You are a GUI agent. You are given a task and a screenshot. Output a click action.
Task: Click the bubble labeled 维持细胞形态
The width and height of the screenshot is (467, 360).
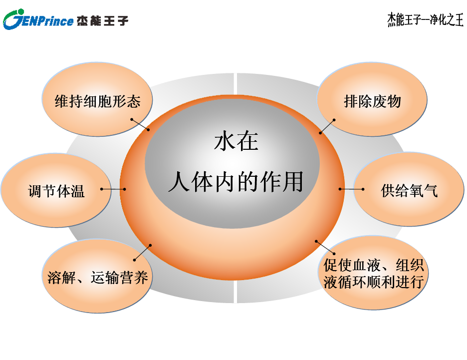tap(97, 99)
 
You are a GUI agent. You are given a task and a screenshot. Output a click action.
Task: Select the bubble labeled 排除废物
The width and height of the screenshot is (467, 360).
tap(372, 99)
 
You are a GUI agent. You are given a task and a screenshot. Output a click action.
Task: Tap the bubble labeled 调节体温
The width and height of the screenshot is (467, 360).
tap(56, 190)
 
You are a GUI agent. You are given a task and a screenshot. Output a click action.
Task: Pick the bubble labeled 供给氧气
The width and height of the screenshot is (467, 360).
tap(409, 189)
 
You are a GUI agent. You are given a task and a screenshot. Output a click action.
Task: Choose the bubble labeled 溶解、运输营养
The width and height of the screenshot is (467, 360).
tap(97, 276)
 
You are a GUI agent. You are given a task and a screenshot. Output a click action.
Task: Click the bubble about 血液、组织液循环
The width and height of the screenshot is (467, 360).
tap(373, 273)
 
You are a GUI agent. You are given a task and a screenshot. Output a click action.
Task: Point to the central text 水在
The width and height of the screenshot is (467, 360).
tap(236, 141)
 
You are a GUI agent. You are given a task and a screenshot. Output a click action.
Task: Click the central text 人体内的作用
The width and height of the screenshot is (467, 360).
tap(236, 181)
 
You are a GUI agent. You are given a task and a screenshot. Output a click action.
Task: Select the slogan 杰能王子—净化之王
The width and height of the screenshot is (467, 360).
tap(425, 19)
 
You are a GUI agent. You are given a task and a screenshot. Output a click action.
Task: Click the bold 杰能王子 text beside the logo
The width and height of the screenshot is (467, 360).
tap(102, 20)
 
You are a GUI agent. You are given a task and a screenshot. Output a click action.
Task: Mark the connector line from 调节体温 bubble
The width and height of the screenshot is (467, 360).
tap(113, 189)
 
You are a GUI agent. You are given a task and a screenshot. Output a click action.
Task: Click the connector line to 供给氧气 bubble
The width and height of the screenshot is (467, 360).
tap(351, 189)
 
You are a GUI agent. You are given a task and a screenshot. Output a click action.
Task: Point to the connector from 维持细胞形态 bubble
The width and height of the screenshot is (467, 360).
tap(140, 124)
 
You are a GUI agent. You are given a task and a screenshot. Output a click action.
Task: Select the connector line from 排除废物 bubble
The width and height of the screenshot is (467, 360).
tap(327, 126)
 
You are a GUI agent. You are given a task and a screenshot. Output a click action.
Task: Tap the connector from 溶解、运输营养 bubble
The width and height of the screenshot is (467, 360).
tap(142, 253)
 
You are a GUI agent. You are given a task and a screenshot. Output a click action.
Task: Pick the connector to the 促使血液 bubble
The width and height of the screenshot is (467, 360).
tap(325, 247)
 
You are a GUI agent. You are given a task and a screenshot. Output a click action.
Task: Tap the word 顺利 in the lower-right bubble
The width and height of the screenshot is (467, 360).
tap(381, 282)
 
